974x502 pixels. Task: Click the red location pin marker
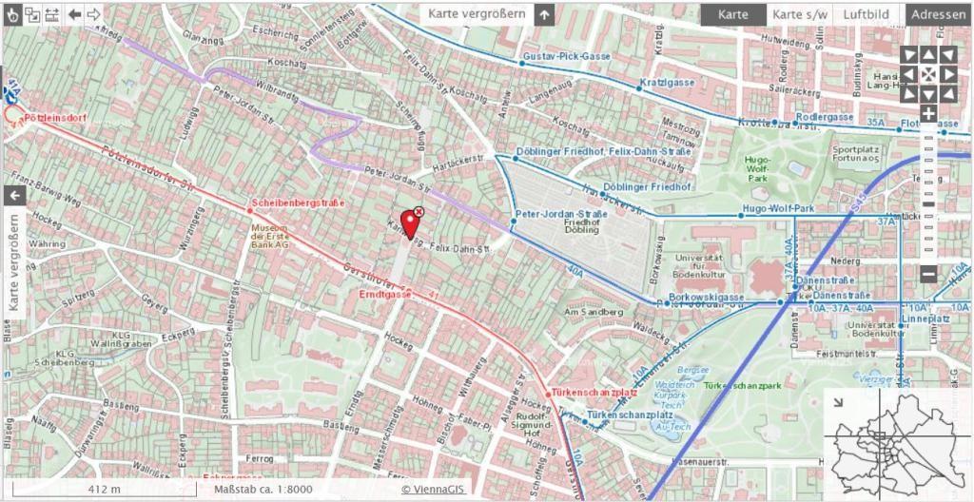[x=410, y=222]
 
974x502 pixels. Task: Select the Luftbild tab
[x=866, y=14]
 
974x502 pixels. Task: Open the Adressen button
[x=939, y=14]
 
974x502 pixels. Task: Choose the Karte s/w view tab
[x=799, y=14]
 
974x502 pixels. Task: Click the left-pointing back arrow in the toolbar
[x=74, y=14]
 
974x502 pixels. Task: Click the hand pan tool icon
[x=11, y=14]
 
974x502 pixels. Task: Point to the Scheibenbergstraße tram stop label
[x=297, y=203]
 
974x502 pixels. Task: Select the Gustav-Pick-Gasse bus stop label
[x=567, y=57]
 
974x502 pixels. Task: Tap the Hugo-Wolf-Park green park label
[x=757, y=168]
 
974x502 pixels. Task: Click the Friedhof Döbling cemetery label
[x=581, y=225]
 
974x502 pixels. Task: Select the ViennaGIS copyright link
[x=432, y=490]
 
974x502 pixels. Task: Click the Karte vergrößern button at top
[x=477, y=14]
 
